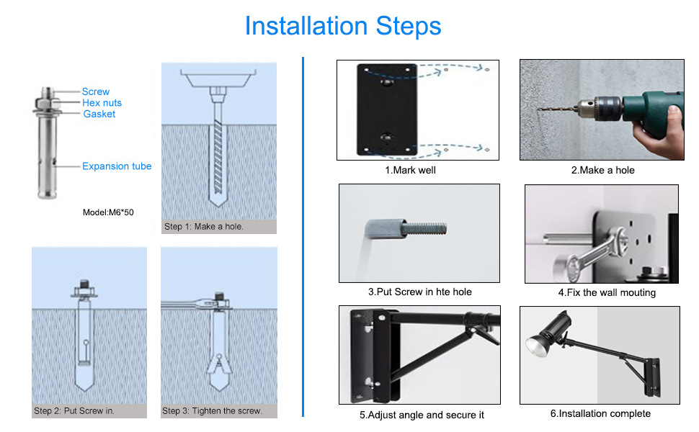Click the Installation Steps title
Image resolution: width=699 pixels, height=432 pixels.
pos(343,26)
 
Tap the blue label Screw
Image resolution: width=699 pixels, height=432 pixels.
pos(95,91)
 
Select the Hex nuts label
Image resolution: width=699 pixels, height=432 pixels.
pos(102,103)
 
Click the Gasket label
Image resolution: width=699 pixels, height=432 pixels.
pos(99,114)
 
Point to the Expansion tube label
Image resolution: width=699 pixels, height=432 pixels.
pos(117,166)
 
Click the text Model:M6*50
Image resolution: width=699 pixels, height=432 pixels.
pos(108,212)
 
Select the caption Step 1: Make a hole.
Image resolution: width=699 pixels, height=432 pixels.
pos(204,227)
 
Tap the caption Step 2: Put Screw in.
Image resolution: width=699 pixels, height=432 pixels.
pos(74,411)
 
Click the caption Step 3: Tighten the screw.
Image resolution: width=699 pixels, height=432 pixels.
pos(212,411)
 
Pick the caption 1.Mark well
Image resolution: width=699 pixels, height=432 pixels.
pos(411,170)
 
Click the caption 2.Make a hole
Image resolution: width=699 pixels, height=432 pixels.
pos(602,170)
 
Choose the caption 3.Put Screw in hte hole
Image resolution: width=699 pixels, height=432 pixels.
pos(420,292)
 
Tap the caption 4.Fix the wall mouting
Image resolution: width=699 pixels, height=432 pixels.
pos(607,292)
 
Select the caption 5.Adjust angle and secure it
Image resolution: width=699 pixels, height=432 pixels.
pos(422,415)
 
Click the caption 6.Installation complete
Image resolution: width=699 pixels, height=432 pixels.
pos(600,414)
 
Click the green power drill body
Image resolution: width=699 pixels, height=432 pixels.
pos(653,110)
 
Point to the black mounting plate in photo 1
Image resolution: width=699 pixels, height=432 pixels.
pos(387,109)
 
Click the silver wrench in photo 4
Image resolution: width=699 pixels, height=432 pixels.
pos(592,251)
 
